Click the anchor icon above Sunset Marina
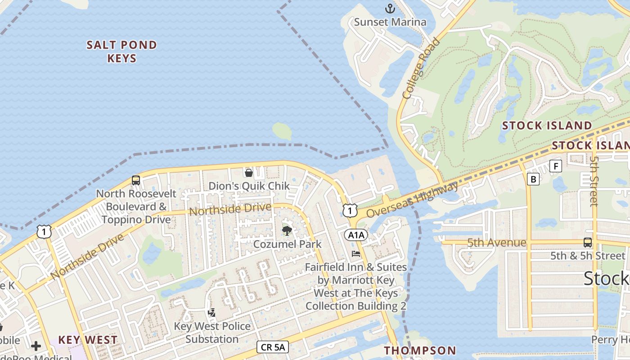tap(390, 8)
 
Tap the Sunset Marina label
tap(390, 22)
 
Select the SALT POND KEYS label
tap(122, 51)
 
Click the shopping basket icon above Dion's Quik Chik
tap(248, 172)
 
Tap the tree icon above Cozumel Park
tap(287, 231)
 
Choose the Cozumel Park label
tap(288, 244)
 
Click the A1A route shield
tap(356, 234)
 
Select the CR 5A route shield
tap(272, 346)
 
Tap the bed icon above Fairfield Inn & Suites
tap(356, 254)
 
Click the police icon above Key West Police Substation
tap(211, 312)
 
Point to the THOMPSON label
tap(420, 351)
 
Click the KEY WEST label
tap(88, 340)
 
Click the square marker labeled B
tap(533, 179)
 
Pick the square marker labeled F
tap(556, 166)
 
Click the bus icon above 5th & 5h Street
tap(587, 243)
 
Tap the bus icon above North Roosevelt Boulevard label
tap(135, 180)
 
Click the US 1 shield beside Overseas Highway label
tap(350, 210)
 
